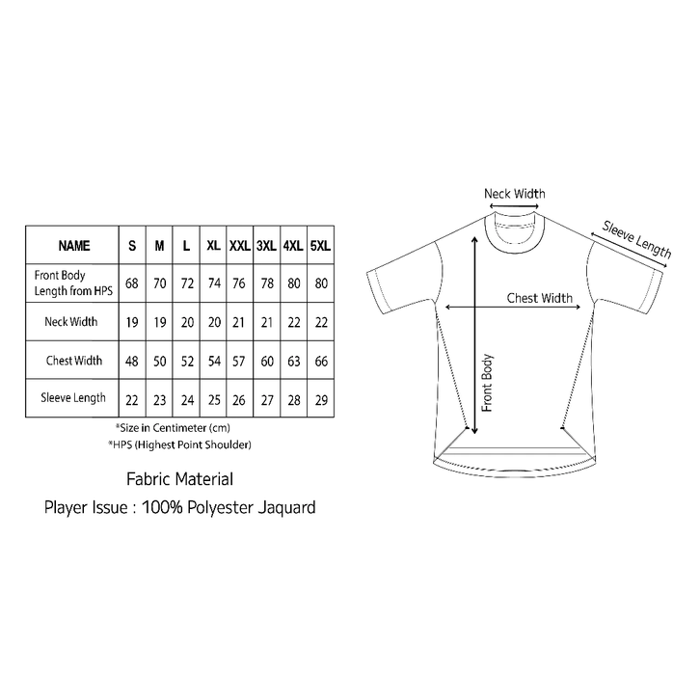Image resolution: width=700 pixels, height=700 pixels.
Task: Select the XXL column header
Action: [239, 246]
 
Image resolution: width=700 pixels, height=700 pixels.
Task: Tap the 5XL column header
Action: [321, 246]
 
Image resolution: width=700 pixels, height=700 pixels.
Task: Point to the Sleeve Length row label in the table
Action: [72, 397]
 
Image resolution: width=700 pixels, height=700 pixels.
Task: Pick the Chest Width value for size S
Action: [132, 361]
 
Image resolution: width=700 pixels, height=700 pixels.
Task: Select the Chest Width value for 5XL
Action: [321, 361]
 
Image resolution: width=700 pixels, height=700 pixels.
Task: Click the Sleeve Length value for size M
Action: [159, 397]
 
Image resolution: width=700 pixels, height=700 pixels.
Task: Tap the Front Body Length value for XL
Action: [213, 283]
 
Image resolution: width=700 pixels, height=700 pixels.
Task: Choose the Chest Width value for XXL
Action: [239, 361]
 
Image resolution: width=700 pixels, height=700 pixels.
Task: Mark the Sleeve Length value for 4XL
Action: [293, 397]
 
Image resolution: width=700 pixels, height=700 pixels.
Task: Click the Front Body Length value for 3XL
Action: [266, 283]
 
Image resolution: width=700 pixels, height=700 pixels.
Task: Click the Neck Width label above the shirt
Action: [514, 194]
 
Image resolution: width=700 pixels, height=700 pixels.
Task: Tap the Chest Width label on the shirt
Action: [539, 298]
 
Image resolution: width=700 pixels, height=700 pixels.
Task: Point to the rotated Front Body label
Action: [488, 382]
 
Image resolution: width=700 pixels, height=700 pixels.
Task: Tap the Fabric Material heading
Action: [179, 478]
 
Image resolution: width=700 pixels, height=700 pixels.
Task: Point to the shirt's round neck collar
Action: [514, 231]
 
